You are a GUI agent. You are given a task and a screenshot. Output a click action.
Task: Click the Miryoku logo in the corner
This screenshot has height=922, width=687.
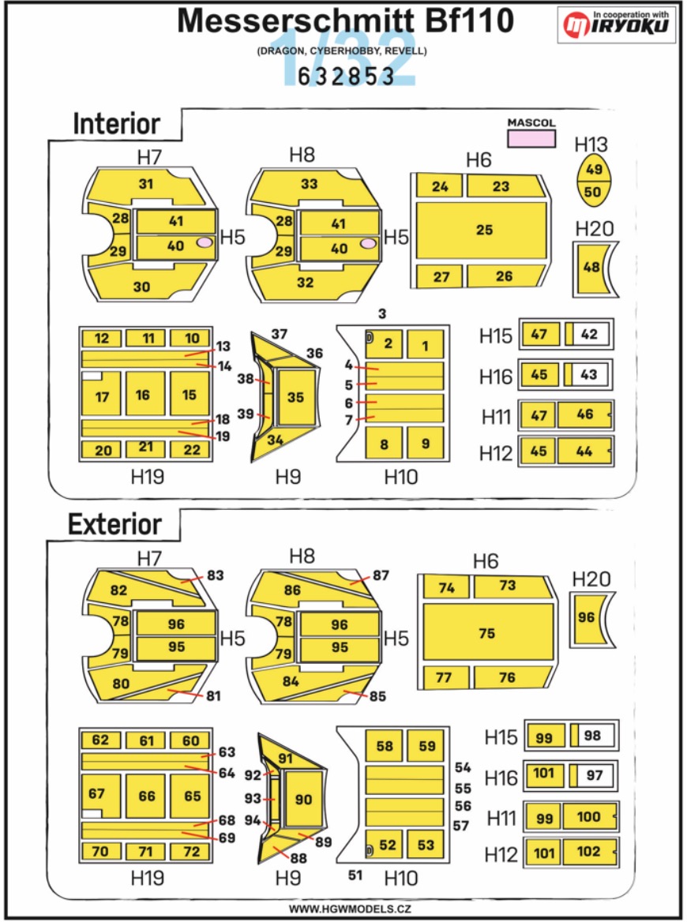[618, 26]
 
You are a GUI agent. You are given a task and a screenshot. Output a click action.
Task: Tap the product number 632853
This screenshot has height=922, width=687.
[346, 75]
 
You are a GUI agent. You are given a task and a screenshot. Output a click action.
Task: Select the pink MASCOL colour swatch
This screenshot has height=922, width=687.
[531, 138]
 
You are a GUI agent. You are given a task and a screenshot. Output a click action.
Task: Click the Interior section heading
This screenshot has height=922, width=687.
[116, 124]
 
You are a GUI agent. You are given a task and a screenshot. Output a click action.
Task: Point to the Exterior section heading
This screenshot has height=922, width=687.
[114, 524]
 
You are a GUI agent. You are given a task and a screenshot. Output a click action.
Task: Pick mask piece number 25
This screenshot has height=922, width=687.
[483, 230]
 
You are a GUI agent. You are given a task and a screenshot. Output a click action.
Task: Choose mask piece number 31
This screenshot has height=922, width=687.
[146, 184]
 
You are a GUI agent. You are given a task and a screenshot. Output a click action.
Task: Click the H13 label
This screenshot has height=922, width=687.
[591, 144]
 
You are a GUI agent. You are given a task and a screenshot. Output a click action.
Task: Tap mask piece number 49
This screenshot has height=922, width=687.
[595, 170]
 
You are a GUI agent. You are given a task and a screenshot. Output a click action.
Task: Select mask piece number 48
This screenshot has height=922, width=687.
[590, 268]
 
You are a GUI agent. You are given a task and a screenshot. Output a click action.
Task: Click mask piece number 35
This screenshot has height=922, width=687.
[295, 398]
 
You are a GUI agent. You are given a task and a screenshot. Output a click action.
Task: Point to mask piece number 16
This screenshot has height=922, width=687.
[143, 394]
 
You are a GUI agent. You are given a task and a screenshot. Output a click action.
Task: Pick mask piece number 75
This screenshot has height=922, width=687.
[486, 633]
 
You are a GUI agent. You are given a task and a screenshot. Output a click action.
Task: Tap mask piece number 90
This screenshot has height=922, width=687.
[303, 799]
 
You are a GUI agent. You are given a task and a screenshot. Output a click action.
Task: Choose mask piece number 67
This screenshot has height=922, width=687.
[97, 793]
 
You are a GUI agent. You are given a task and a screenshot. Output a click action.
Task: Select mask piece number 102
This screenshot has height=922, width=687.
[588, 852]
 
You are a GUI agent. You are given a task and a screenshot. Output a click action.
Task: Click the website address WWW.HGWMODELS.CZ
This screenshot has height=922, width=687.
[343, 909]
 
